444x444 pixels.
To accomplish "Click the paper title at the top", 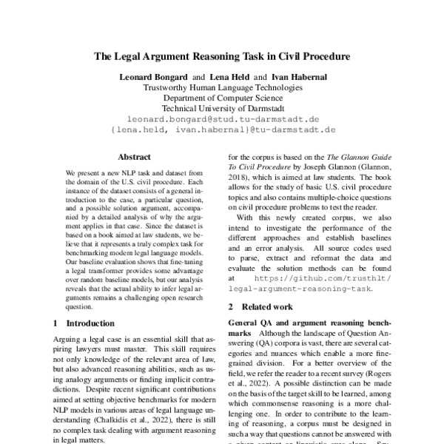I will pyautogui.click(x=221, y=55).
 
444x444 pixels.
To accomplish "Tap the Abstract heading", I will pyautogui.click(x=134, y=157).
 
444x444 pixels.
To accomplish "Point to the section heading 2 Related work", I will pyautogui.click(x=266, y=306).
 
